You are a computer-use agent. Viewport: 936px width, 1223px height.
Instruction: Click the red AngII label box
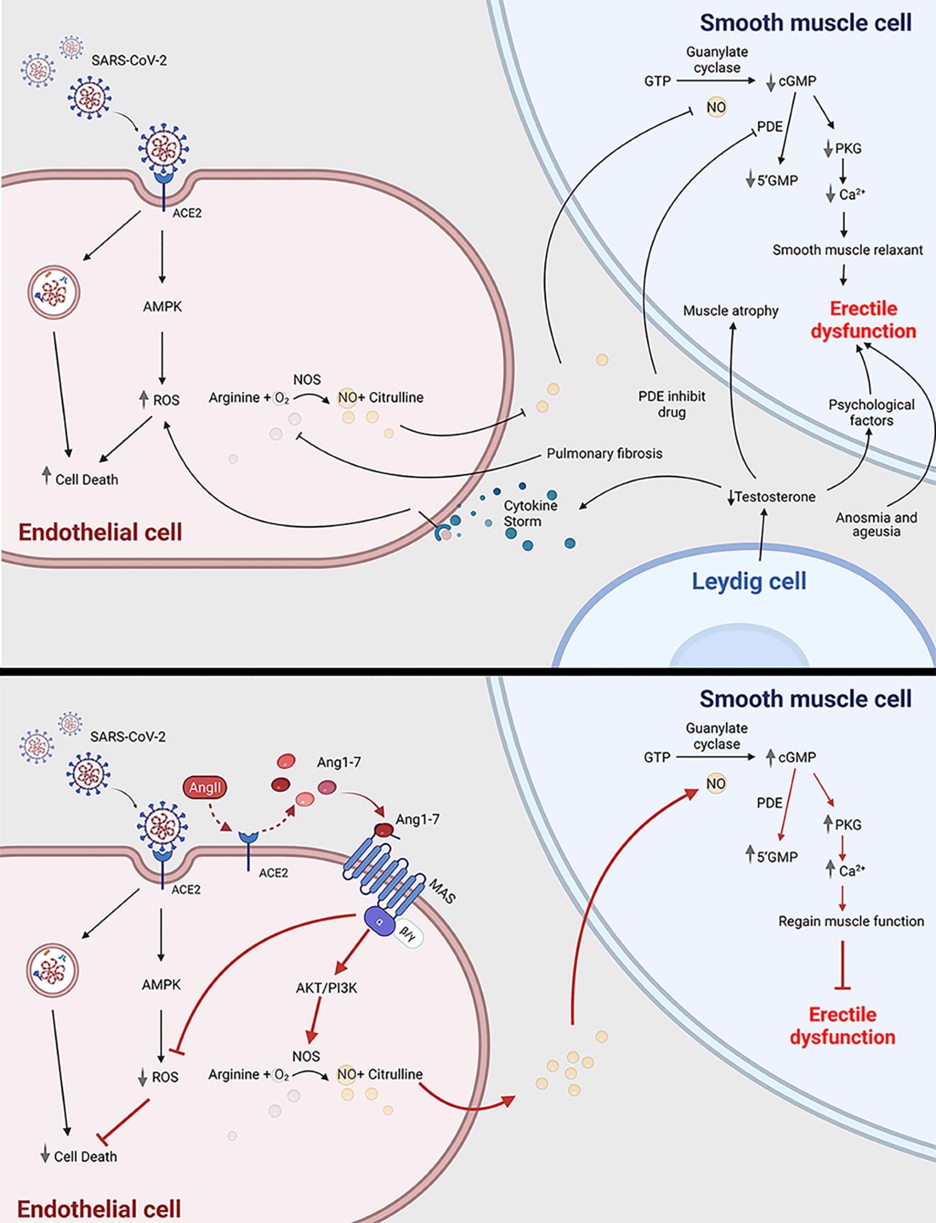point(205,787)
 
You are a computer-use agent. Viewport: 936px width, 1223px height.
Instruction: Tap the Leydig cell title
point(749,581)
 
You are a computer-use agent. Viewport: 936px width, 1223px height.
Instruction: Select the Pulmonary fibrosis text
point(604,454)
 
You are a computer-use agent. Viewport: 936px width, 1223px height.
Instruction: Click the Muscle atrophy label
point(731,311)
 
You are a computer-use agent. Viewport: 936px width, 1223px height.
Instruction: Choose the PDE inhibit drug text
point(671,404)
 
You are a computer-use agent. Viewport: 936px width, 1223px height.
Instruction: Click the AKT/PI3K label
point(326,988)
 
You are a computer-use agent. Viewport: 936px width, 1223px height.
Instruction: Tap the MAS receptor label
point(442,890)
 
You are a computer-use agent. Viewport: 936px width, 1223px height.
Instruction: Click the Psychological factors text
point(871,412)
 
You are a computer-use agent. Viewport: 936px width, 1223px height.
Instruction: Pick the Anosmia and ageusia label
point(876,525)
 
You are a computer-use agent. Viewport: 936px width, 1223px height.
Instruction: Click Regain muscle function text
point(850,921)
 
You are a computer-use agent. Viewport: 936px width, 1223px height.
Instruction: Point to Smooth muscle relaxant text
point(847,249)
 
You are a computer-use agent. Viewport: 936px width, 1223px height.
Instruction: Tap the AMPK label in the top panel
point(162,306)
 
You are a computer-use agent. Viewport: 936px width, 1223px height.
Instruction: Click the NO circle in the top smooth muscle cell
point(716,108)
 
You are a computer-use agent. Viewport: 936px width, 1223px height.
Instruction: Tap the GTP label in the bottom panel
point(657,757)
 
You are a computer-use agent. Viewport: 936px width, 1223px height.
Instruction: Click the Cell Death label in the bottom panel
point(85,1156)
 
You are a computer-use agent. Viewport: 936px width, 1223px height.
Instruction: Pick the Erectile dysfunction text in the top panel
point(863,320)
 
